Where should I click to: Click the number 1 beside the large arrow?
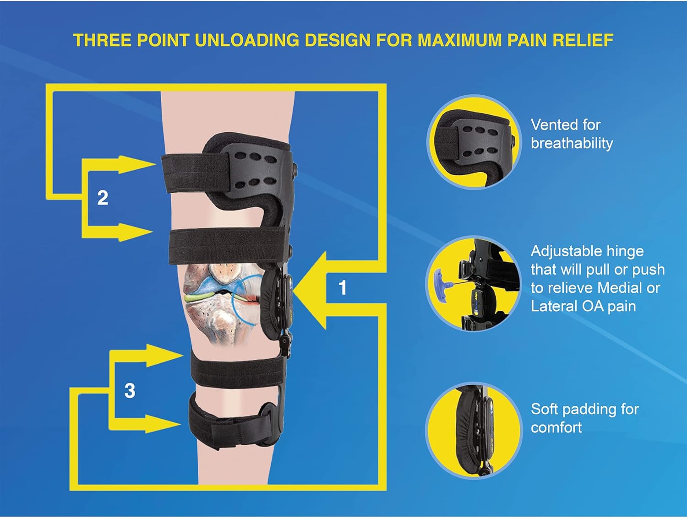342,288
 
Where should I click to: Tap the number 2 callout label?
103,198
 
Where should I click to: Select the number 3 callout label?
130,391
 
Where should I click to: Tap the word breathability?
572,143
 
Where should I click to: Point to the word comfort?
556,427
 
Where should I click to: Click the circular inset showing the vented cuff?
474,142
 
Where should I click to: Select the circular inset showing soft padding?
474,430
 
